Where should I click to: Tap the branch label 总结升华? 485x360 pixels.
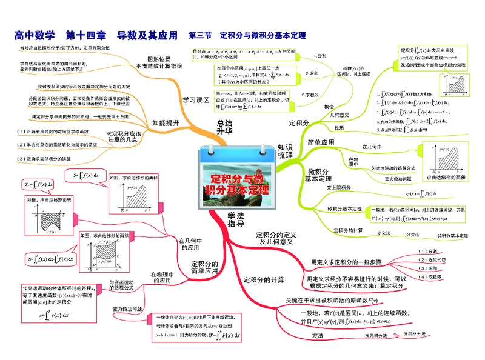[224, 127]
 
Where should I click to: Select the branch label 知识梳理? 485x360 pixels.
[286, 151]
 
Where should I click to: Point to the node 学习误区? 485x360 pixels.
[196, 99]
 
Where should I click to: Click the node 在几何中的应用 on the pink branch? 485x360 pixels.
[189, 244]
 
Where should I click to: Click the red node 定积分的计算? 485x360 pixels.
[263, 280]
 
